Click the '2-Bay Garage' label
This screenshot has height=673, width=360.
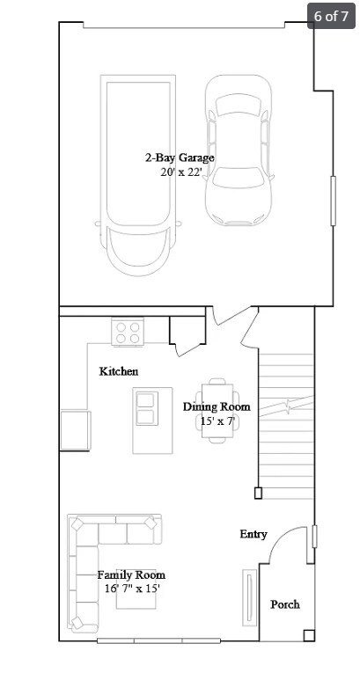(180, 158)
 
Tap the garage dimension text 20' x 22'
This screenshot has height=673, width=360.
(180, 172)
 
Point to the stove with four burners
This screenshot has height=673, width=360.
(129, 333)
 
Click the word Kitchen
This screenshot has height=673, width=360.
(118, 371)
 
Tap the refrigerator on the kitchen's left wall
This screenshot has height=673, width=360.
(75, 430)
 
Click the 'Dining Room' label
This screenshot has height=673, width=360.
(217, 406)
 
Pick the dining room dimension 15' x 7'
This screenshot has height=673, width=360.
(217, 421)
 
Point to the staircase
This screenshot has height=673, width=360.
(286, 422)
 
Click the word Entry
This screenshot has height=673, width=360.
(253, 534)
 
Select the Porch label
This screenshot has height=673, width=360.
(284, 604)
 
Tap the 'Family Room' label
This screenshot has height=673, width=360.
(131, 574)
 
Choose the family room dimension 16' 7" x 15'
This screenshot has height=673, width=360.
(131, 588)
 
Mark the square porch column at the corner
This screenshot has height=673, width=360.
(308, 635)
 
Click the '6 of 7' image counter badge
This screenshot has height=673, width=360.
(331, 15)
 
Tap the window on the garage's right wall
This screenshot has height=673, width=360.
(333, 201)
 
